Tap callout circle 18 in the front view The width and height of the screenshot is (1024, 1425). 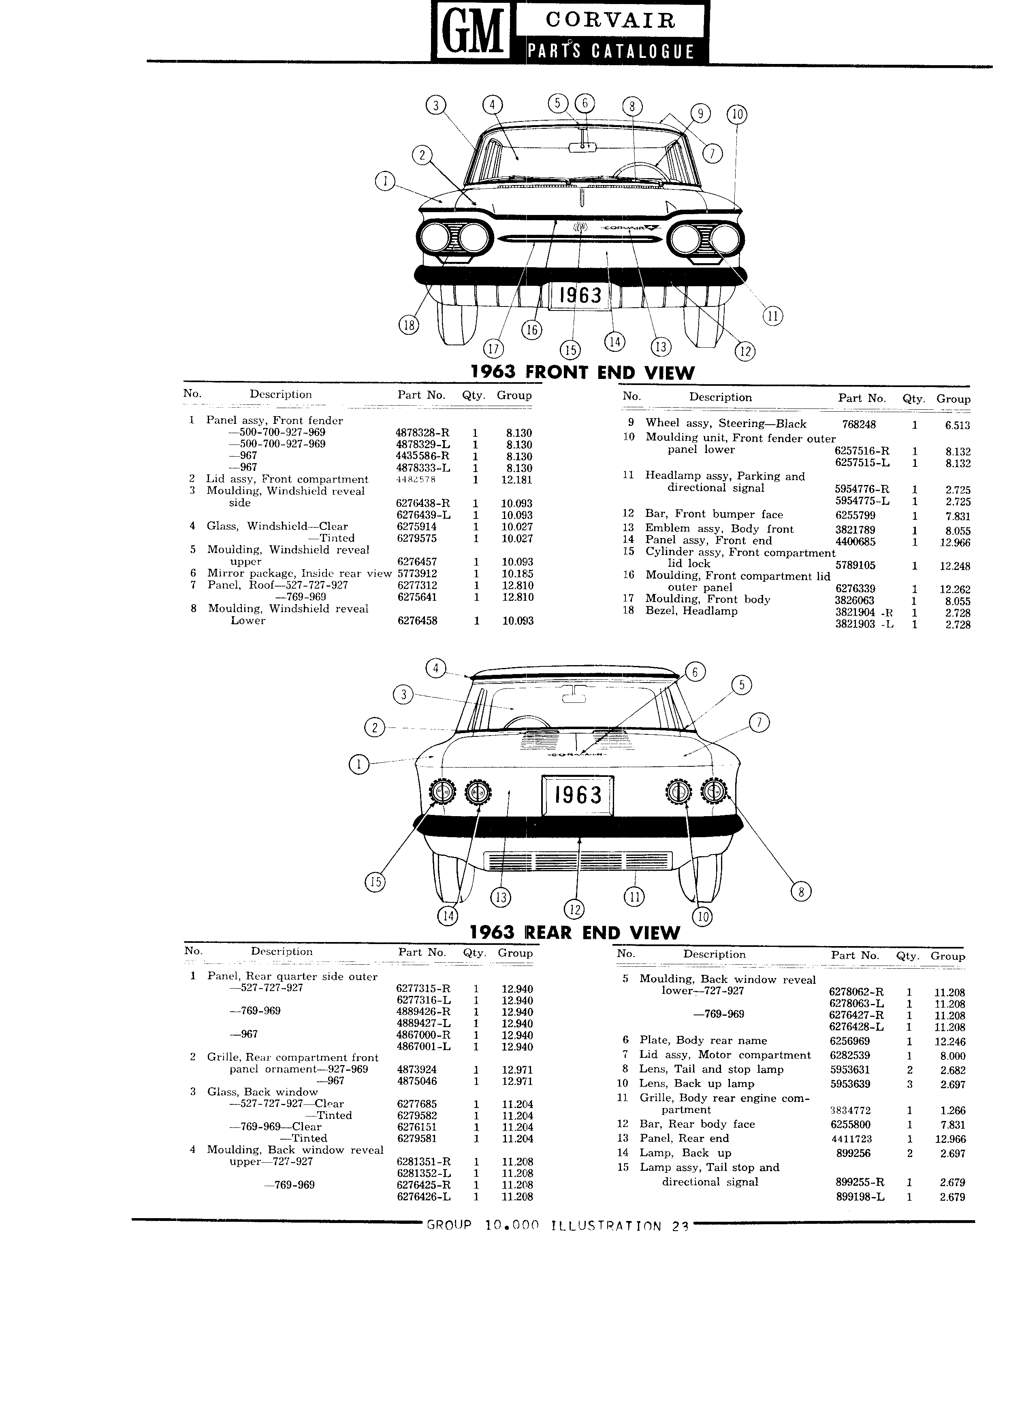[x=409, y=325]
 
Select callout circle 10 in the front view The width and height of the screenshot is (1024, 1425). [x=737, y=114]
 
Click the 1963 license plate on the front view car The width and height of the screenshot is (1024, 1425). [x=580, y=295]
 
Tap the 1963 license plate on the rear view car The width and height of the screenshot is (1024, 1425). [x=578, y=794]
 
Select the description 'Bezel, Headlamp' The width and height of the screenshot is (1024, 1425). [x=691, y=611]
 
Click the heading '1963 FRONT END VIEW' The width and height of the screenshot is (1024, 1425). [x=583, y=372]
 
